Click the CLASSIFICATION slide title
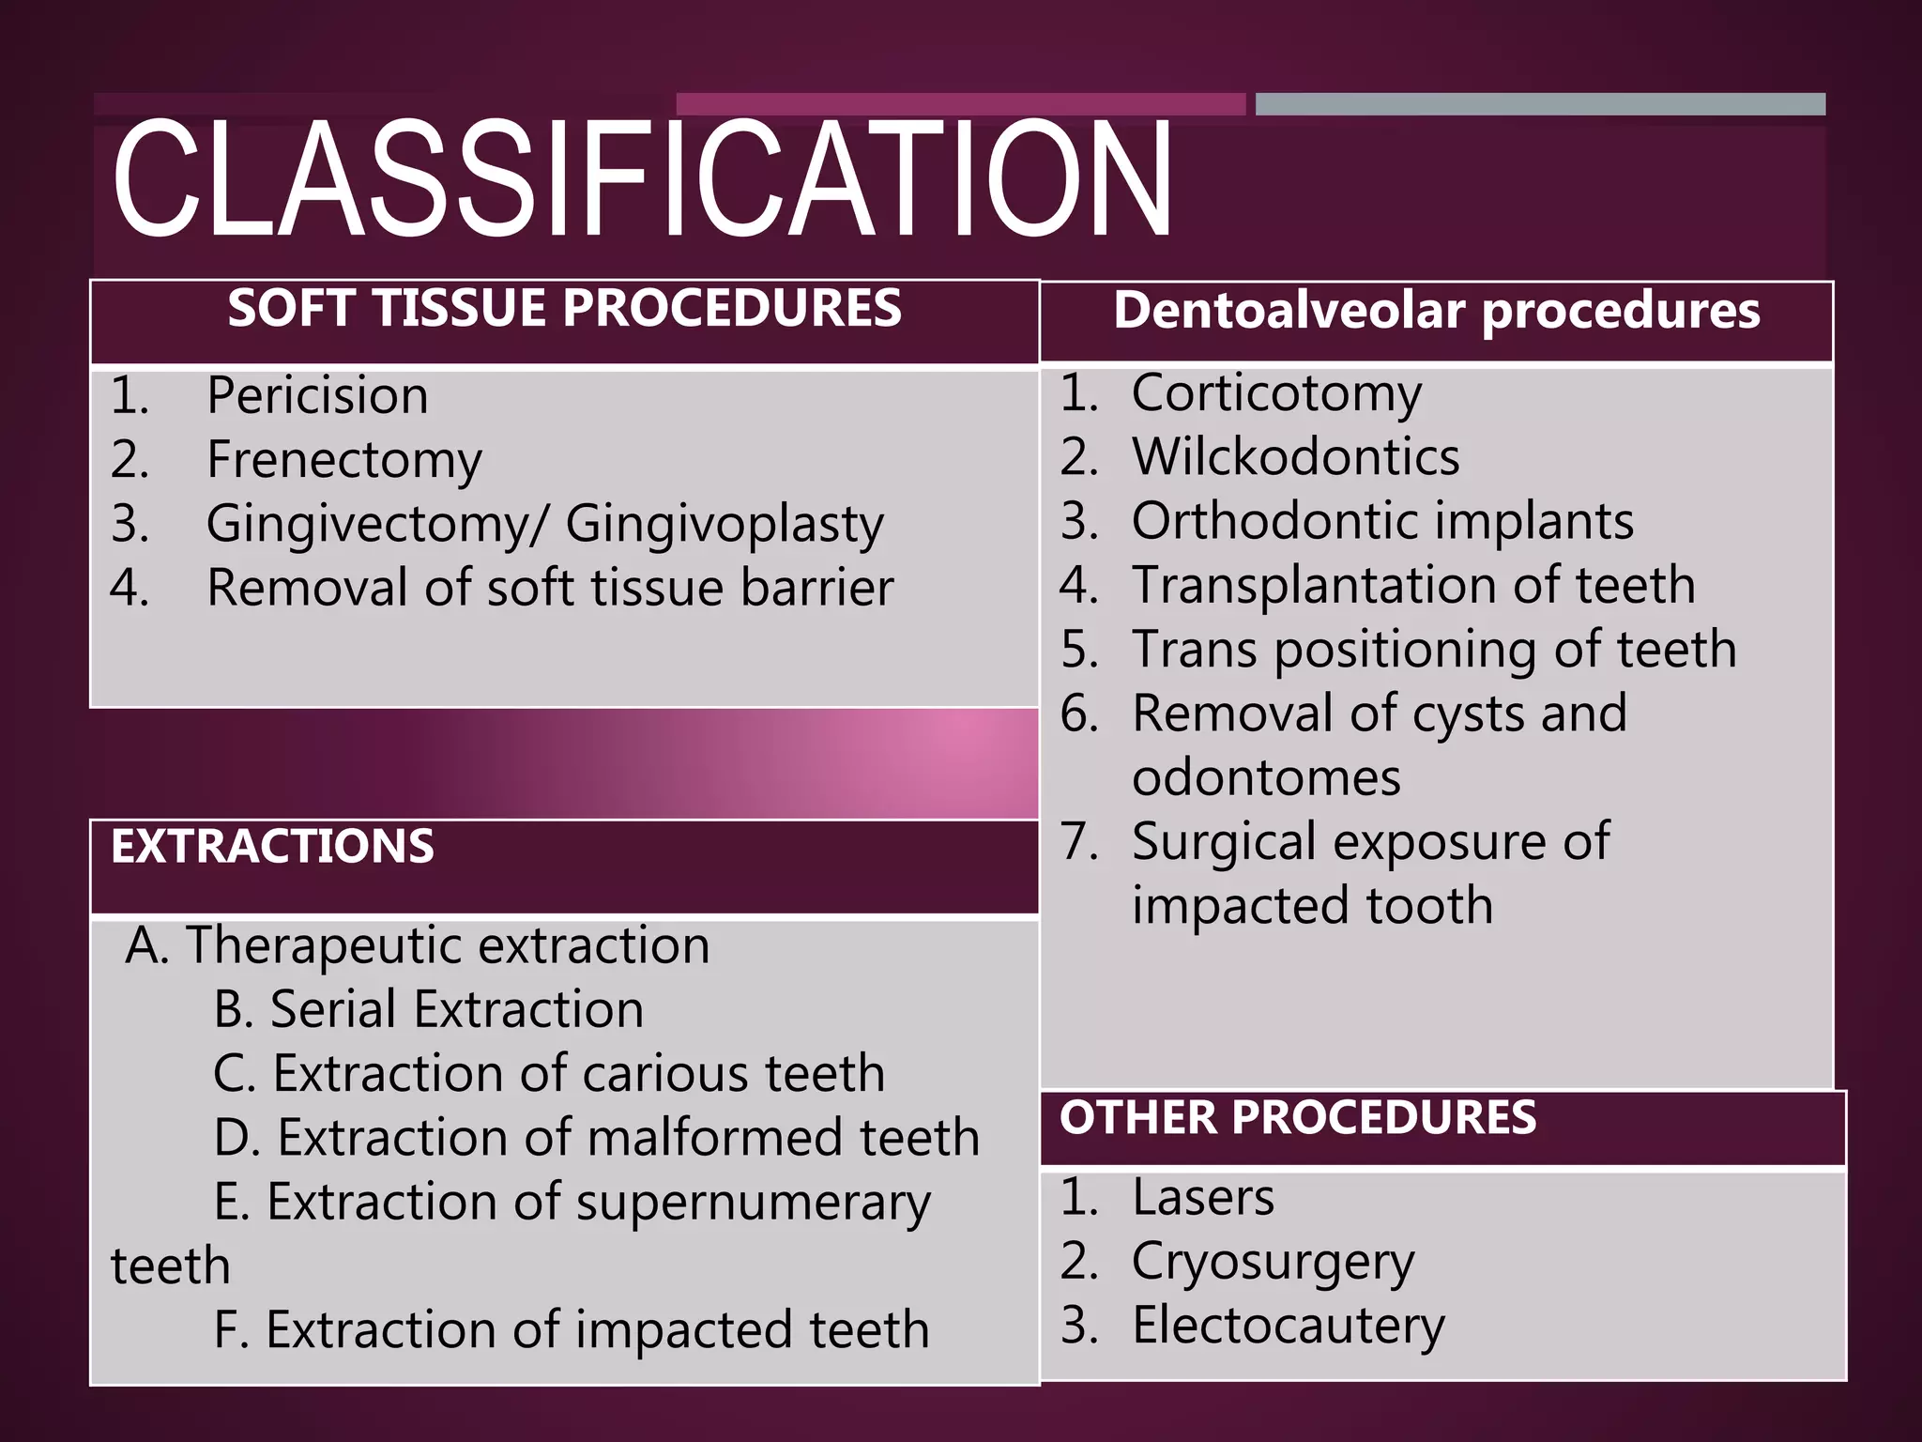click(x=642, y=180)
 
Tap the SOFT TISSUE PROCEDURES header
click(x=564, y=309)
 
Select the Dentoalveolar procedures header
click(x=1436, y=311)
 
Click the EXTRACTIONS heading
click(x=272, y=847)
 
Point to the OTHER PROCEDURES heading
click(x=1298, y=1118)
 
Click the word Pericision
click(x=317, y=395)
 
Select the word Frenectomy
click(x=344, y=460)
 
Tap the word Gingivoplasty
click(x=725, y=524)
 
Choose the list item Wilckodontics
click(x=1295, y=457)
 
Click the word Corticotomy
click(x=1276, y=393)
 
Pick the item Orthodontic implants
click(x=1382, y=521)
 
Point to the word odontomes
click(x=1266, y=778)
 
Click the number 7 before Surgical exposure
click(x=1078, y=841)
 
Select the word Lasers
click(x=1203, y=1198)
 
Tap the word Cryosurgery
click(x=1273, y=1263)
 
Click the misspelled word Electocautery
click(x=1288, y=1326)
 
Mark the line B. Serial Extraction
click(x=429, y=1010)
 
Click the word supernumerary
click(x=753, y=1204)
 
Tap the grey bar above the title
click(x=1540, y=104)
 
